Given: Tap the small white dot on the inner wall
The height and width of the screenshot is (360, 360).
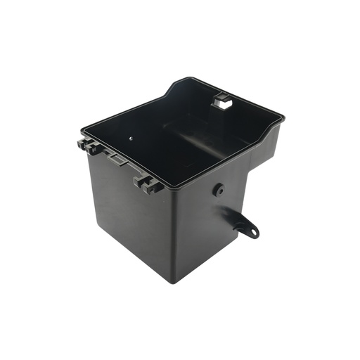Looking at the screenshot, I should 131,138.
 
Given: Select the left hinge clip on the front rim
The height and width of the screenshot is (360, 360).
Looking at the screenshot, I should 88,146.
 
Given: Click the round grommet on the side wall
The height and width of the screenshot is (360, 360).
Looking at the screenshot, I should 219,189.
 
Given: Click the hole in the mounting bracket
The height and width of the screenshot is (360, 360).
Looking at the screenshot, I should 250,229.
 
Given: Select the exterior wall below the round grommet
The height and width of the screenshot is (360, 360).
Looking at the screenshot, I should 211,232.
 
